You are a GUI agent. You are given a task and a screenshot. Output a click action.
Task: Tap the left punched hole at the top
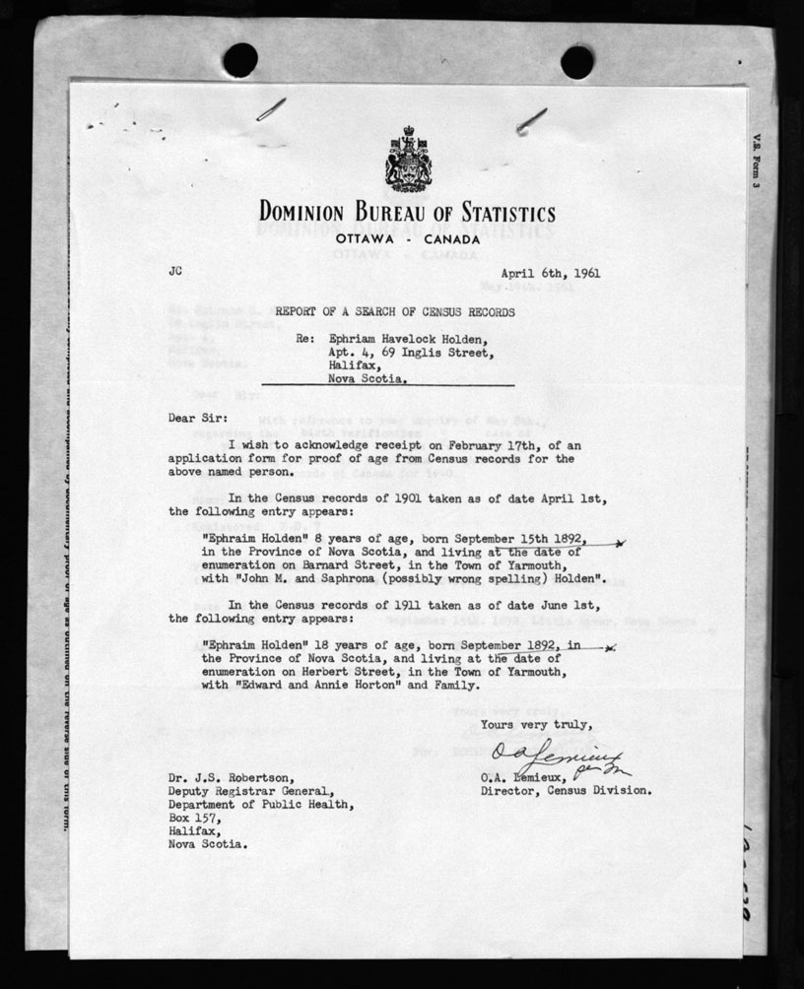240,61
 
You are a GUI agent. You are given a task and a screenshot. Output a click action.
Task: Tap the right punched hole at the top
576,62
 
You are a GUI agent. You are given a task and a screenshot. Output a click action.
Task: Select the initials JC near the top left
176,268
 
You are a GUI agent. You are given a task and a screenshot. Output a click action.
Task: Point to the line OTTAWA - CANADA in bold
406,238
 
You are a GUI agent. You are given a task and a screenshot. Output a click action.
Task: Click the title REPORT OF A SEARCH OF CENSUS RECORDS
394,311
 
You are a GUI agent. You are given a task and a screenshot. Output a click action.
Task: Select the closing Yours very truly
537,725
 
